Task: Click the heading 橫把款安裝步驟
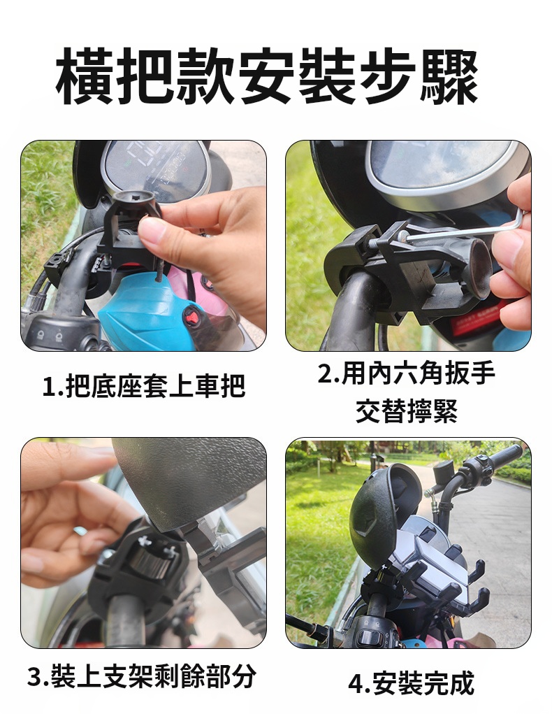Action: pyautogui.click(x=267, y=76)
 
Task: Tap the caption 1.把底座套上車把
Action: pyautogui.click(x=143, y=386)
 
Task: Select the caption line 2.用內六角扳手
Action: pyautogui.click(x=406, y=373)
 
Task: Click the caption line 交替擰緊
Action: pyautogui.click(x=407, y=410)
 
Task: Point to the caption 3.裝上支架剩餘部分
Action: pyautogui.click(x=142, y=676)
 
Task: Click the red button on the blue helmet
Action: pyautogui.click(x=191, y=315)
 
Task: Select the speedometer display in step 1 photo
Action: pyautogui.click(x=154, y=166)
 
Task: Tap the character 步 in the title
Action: pyautogui.click(x=387, y=76)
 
